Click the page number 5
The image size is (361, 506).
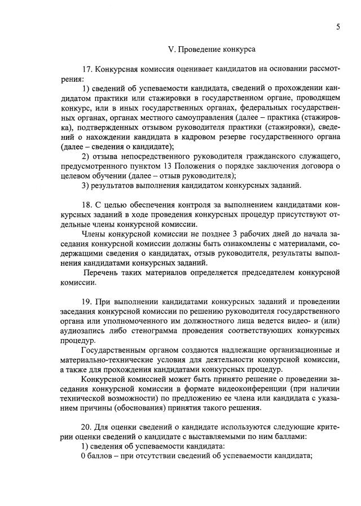[337, 26]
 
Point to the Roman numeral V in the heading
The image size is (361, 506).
[172, 50]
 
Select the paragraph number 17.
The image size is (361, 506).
[87, 69]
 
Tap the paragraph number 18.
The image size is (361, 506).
[87, 205]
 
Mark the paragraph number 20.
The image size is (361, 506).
[87, 427]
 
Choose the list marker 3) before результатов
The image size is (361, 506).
[86, 185]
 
